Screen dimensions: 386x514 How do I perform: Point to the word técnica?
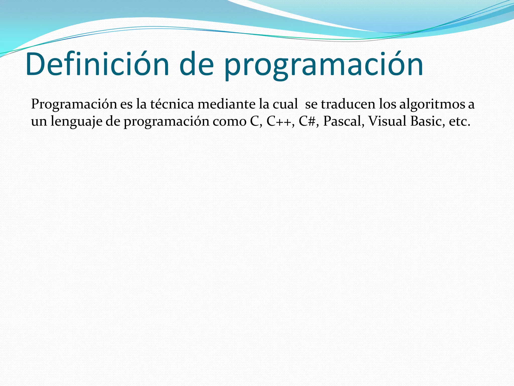tap(172, 104)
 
